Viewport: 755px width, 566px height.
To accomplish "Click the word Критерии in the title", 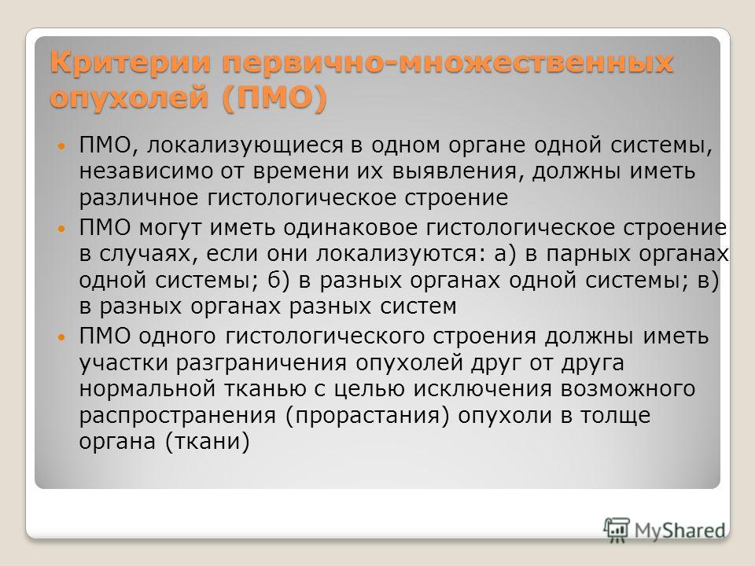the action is point(131,64).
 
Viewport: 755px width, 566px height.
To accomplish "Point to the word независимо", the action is point(146,171).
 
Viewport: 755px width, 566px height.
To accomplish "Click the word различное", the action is point(139,198).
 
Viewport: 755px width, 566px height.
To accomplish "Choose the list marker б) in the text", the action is point(280,280).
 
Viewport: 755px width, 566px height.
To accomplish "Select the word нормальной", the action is point(147,388).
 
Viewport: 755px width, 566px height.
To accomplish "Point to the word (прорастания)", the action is point(367,415).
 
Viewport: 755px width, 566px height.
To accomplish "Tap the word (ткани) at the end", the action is point(208,441).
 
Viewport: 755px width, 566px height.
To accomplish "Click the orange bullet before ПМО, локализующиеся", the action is point(61,145).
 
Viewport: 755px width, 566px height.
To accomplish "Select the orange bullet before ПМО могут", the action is point(61,228).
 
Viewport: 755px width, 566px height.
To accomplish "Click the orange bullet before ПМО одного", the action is point(61,336).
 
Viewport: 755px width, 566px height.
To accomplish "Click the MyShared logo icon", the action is point(617,531).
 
